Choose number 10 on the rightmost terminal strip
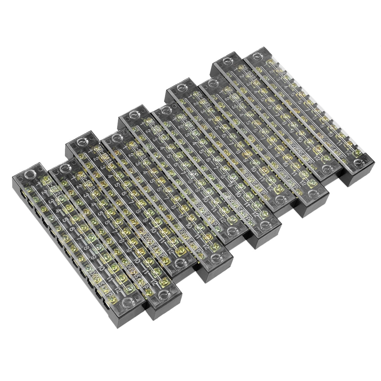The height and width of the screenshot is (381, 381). pyautogui.click(x=333, y=133)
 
